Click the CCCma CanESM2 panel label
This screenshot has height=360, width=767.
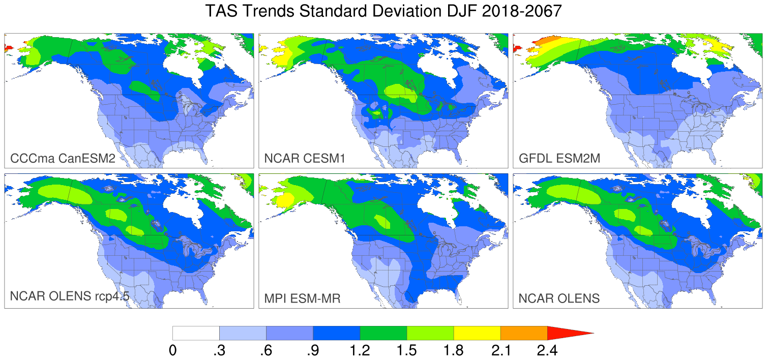click(62, 159)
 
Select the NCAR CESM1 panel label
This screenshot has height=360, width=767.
click(305, 159)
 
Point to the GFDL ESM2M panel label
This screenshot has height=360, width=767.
click(559, 159)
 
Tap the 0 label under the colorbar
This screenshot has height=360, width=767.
click(173, 350)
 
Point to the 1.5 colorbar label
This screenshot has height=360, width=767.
click(406, 350)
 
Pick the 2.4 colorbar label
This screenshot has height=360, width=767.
click(547, 350)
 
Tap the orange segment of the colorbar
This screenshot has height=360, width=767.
click(524, 333)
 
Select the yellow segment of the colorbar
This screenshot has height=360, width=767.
click(477, 333)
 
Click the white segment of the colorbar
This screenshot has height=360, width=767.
click(196, 333)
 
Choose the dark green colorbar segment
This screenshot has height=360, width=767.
click(383, 333)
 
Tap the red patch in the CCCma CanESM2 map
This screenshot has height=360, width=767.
click(9, 49)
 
